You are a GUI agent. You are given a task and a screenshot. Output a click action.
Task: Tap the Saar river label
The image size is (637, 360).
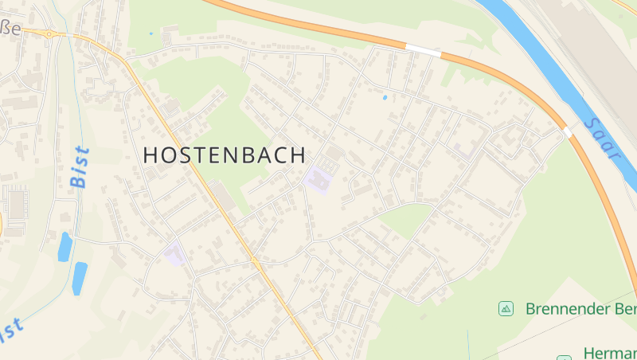601,138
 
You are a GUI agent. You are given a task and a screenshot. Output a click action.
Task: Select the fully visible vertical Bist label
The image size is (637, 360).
80,166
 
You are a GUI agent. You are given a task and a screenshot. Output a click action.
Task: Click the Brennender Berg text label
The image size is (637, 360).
580,309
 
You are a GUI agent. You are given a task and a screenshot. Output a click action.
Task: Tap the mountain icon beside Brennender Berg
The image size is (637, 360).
506,308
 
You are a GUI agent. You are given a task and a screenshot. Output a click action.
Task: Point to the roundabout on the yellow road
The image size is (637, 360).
49,34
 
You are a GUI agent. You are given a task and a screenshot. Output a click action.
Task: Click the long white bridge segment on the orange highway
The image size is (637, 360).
423,50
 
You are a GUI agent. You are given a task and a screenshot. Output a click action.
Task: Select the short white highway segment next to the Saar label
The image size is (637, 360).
567,127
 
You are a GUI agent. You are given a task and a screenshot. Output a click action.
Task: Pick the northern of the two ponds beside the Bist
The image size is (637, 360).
64,247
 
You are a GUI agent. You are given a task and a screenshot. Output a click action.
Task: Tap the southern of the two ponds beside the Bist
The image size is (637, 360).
80,278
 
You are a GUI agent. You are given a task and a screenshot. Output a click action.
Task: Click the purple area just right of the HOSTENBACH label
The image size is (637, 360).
318,179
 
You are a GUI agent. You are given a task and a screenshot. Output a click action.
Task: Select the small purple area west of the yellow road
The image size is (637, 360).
174,255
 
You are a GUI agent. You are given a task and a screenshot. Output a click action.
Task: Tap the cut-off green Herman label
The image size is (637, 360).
609,353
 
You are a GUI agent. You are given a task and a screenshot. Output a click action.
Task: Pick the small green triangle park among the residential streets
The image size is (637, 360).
407,219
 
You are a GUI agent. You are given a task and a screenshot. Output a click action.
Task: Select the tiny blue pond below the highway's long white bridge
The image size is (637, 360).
385,97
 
